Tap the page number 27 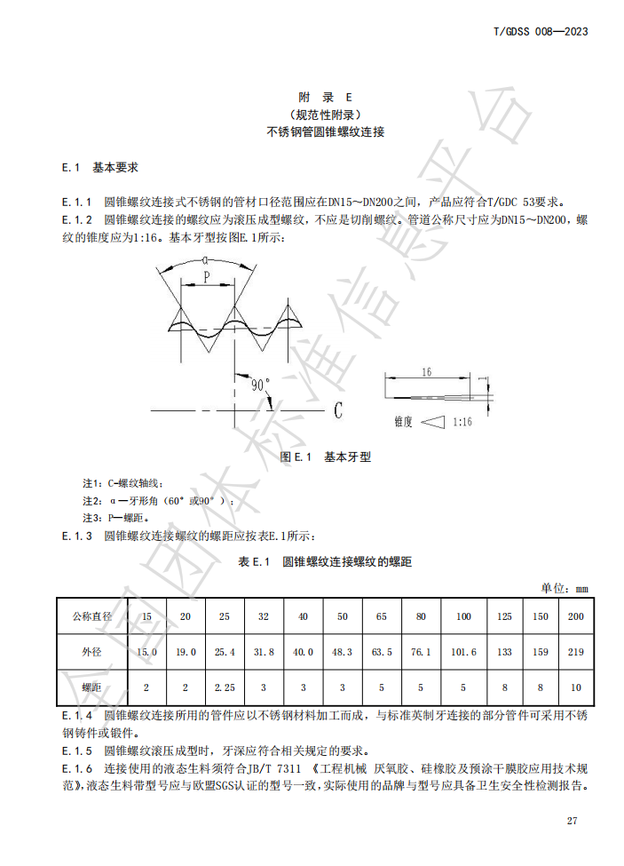573,820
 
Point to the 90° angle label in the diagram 260,385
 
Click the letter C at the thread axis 338,410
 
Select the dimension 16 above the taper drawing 426,372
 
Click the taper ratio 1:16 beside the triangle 462,423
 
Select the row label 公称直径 92,616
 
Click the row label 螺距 92,687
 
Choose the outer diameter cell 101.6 463,652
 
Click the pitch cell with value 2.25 225,687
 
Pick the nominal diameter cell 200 574,616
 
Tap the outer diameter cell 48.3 342,652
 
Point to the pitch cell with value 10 574,687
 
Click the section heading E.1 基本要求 99,167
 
